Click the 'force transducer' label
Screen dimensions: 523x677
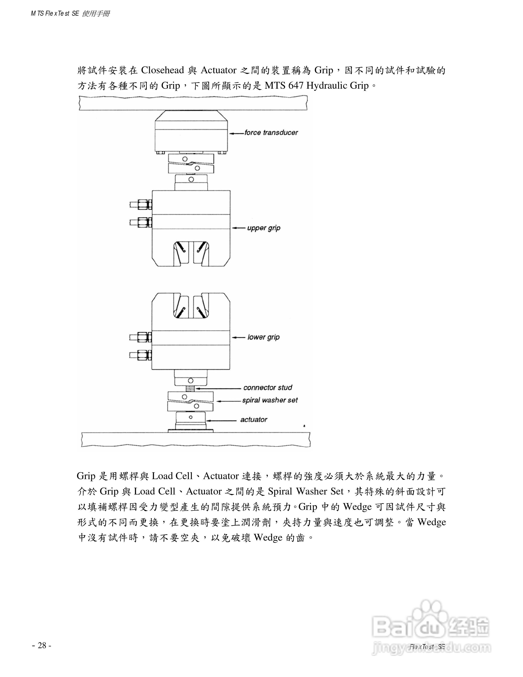tap(271, 133)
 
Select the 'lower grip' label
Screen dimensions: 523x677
tap(263, 337)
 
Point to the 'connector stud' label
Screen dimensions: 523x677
tap(268, 387)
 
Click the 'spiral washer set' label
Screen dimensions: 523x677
tap(270, 400)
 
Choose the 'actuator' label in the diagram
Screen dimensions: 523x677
tap(253, 420)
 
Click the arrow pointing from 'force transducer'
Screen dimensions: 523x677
tap(237, 133)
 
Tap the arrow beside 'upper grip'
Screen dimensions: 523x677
tap(239, 228)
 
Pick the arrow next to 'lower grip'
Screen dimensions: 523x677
tap(239, 337)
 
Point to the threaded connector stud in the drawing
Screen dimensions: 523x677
tap(190, 388)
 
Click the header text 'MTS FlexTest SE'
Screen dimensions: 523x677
tap(55, 14)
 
